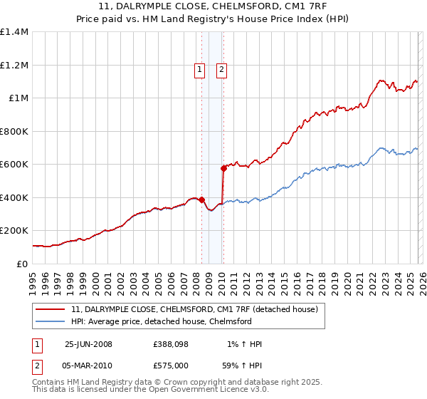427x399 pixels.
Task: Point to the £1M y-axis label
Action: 17,98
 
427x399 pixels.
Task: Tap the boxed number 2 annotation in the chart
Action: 221,70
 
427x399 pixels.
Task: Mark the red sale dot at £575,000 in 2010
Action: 223,169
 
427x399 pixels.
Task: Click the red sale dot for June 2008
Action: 202,199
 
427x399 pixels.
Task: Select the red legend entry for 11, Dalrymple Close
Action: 199,309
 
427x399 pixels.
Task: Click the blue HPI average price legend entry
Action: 162,321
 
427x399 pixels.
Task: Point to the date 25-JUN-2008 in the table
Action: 88,344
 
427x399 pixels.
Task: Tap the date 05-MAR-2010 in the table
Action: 89,365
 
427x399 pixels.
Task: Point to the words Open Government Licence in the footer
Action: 200,391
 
